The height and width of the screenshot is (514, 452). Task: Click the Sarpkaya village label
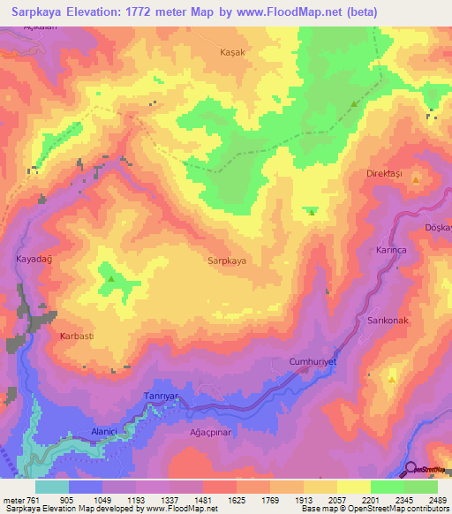pyautogui.click(x=226, y=261)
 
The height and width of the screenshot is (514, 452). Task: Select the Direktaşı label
pyautogui.click(x=384, y=174)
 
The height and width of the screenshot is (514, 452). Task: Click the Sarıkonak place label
pyautogui.click(x=388, y=321)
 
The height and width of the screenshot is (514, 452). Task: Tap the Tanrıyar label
pyautogui.click(x=162, y=397)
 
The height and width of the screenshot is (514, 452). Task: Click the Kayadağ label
pyautogui.click(x=34, y=260)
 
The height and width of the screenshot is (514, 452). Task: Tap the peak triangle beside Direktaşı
pyautogui.click(x=414, y=179)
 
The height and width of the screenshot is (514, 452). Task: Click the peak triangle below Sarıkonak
pyautogui.click(x=392, y=378)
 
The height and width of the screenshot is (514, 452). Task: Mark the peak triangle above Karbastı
pyautogui.click(x=112, y=279)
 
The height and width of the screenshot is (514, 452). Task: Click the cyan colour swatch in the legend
pyautogui.click(x=52, y=487)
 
